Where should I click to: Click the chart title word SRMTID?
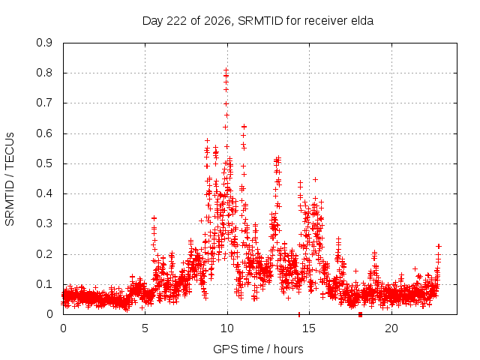[x=260, y=21]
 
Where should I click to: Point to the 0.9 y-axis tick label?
[x=44, y=43]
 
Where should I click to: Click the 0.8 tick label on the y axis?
[x=44, y=73]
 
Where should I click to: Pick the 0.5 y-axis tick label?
[x=44, y=163]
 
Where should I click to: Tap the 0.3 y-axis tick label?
[x=44, y=223]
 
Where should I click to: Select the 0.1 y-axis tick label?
[x=44, y=284]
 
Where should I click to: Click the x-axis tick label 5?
[x=145, y=328]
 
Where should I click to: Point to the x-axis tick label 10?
[x=227, y=328]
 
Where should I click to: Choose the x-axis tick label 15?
[x=309, y=328]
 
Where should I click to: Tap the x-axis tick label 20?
[x=391, y=328]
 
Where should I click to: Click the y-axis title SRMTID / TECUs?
[x=10, y=179]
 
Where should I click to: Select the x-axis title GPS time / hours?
[x=258, y=349]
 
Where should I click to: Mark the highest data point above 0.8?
[x=226, y=70]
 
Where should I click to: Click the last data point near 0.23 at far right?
[x=439, y=247]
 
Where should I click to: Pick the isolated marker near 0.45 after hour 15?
[x=315, y=179]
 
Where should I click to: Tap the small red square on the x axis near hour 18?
[x=360, y=315]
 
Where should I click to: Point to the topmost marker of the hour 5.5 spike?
[x=154, y=218]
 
